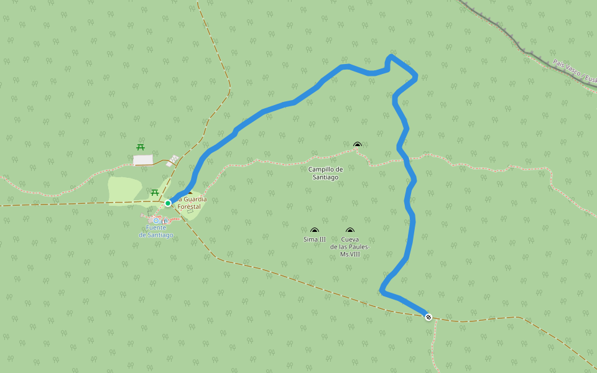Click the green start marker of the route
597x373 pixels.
168,203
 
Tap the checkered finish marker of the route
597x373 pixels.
428,317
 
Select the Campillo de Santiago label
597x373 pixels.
325,173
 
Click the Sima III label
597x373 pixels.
314,239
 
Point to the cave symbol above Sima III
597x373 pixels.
314,231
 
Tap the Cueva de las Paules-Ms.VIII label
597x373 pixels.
350,247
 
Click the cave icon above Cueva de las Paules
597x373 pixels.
350,231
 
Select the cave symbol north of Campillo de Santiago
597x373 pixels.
357,145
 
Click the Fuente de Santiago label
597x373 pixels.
156,231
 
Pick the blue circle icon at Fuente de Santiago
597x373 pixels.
156,221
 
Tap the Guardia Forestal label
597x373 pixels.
192,203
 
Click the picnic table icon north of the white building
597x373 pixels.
141,147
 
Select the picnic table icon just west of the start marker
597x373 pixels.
154,192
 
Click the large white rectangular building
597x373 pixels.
143,160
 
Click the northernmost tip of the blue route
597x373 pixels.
391,56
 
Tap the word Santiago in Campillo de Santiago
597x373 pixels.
325,177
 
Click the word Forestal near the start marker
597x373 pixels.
189,206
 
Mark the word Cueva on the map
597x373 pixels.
350,239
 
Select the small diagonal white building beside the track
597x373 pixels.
173,160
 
